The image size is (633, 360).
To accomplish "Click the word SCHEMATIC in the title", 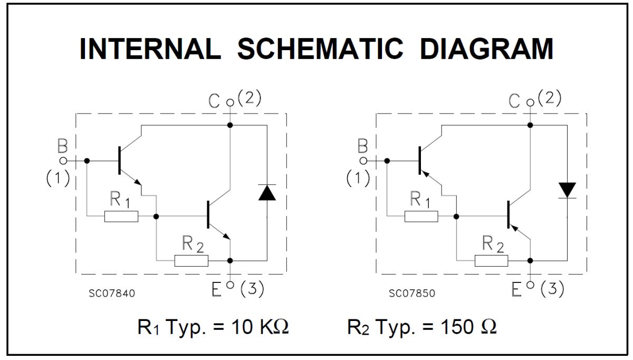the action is point(321,49).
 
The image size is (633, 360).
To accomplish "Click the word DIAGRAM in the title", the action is point(486,49).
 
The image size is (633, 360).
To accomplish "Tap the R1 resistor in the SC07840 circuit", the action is point(121,216).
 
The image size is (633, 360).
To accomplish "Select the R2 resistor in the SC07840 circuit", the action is point(191,261).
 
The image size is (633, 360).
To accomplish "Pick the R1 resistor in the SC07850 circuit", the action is point(421,216).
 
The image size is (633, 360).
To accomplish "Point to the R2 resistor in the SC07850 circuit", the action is point(492,261).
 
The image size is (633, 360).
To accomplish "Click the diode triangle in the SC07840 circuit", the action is point(267,193).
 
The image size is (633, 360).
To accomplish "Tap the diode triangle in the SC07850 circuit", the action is point(567,190).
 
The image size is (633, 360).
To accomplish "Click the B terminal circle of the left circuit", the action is point(63,161).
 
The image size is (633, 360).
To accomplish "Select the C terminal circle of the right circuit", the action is point(531,102).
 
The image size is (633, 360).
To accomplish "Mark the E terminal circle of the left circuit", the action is point(231,285).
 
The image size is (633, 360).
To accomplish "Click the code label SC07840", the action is point(112,293).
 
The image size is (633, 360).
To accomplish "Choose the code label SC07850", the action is point(412,293).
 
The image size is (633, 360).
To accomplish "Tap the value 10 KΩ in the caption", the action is point(260,327).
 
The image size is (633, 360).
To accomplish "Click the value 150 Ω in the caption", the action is point(468,327).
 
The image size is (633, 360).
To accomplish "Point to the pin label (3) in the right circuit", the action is point(552,289).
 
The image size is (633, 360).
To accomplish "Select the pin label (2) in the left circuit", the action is point(250,98).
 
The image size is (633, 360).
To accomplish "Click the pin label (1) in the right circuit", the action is point(358,178).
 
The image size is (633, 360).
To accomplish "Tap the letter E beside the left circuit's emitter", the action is point(216,290).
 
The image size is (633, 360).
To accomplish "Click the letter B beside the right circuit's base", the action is point(362,146).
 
